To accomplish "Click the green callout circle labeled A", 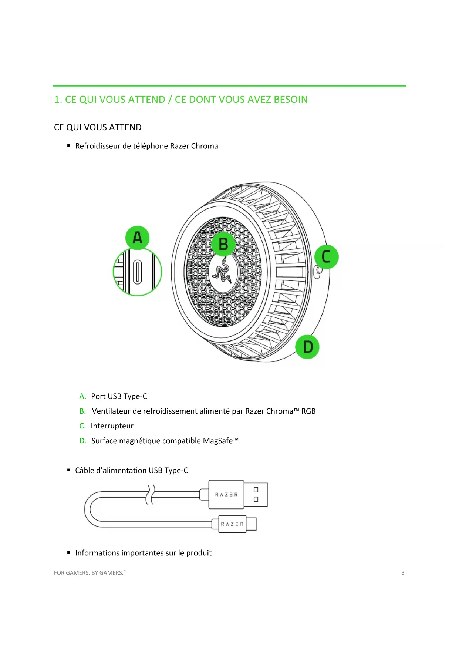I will tap(137, 238).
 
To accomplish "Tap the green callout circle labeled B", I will tap(223, 244).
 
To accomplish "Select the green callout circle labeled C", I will tap(326, 256).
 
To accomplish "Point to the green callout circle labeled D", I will tap(307, 347).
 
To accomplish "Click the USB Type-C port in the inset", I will tap(138, 272).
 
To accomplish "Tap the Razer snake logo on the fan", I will tap(223, 270).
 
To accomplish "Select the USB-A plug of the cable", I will tap(256, 494).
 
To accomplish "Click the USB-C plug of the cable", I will tap(251, 524).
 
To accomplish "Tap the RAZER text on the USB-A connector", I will tap(226, 495).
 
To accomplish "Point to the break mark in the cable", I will tap(150, 494).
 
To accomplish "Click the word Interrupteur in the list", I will tap(112, 426).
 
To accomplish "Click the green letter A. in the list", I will tap(82, 396).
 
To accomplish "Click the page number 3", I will tap(403, 572).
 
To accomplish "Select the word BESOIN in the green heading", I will tap(290, 100).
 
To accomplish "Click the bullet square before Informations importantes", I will tap(68, 553).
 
